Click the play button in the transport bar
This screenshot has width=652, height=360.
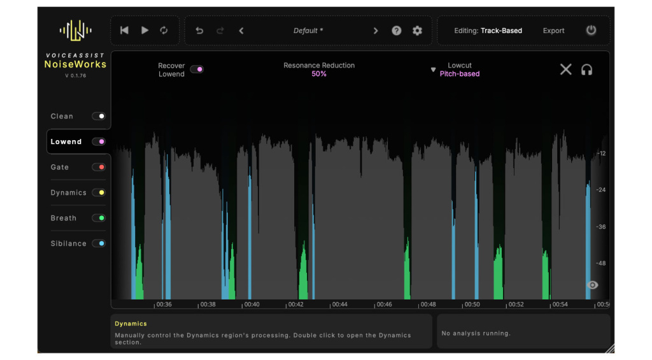145,31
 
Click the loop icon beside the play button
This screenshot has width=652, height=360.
164,31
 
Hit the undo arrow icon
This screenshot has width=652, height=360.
199,31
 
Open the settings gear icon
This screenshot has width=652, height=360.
417,31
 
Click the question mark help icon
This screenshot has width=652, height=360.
397,31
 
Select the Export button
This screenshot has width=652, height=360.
553,31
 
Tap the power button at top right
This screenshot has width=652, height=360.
591,31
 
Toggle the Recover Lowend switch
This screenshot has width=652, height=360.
197,69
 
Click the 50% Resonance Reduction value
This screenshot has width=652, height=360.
319,74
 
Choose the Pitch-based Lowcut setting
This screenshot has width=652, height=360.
459,74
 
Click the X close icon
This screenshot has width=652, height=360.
565,69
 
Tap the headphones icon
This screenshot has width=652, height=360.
586,69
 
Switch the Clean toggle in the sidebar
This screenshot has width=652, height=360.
99,117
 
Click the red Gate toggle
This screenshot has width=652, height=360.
99,168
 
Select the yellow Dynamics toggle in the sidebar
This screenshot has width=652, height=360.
99,193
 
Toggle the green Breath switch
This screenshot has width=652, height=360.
99,219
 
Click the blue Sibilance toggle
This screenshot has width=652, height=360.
99,244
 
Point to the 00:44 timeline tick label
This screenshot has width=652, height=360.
340,305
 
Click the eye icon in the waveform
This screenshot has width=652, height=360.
593,285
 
